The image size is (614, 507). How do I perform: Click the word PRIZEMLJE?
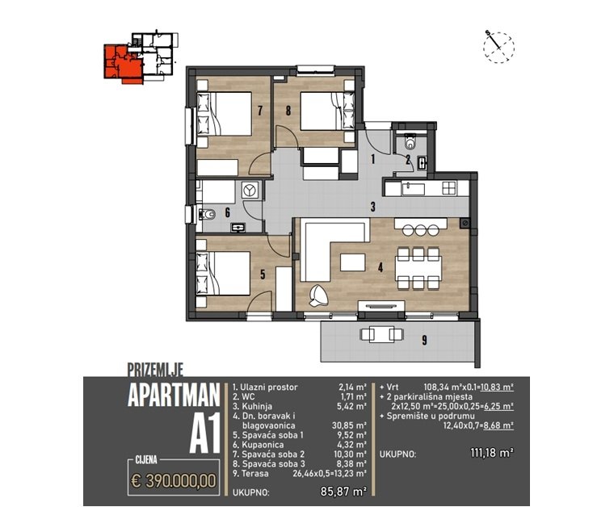pyautogui.click(x=156, y=370)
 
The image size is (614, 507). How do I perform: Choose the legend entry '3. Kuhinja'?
pyautogui.click(x=258, y=407)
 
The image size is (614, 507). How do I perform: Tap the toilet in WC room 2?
pyautogui.click(x=410, y=144)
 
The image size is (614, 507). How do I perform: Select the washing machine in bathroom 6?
pyautogui.click(x=249, y=191)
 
